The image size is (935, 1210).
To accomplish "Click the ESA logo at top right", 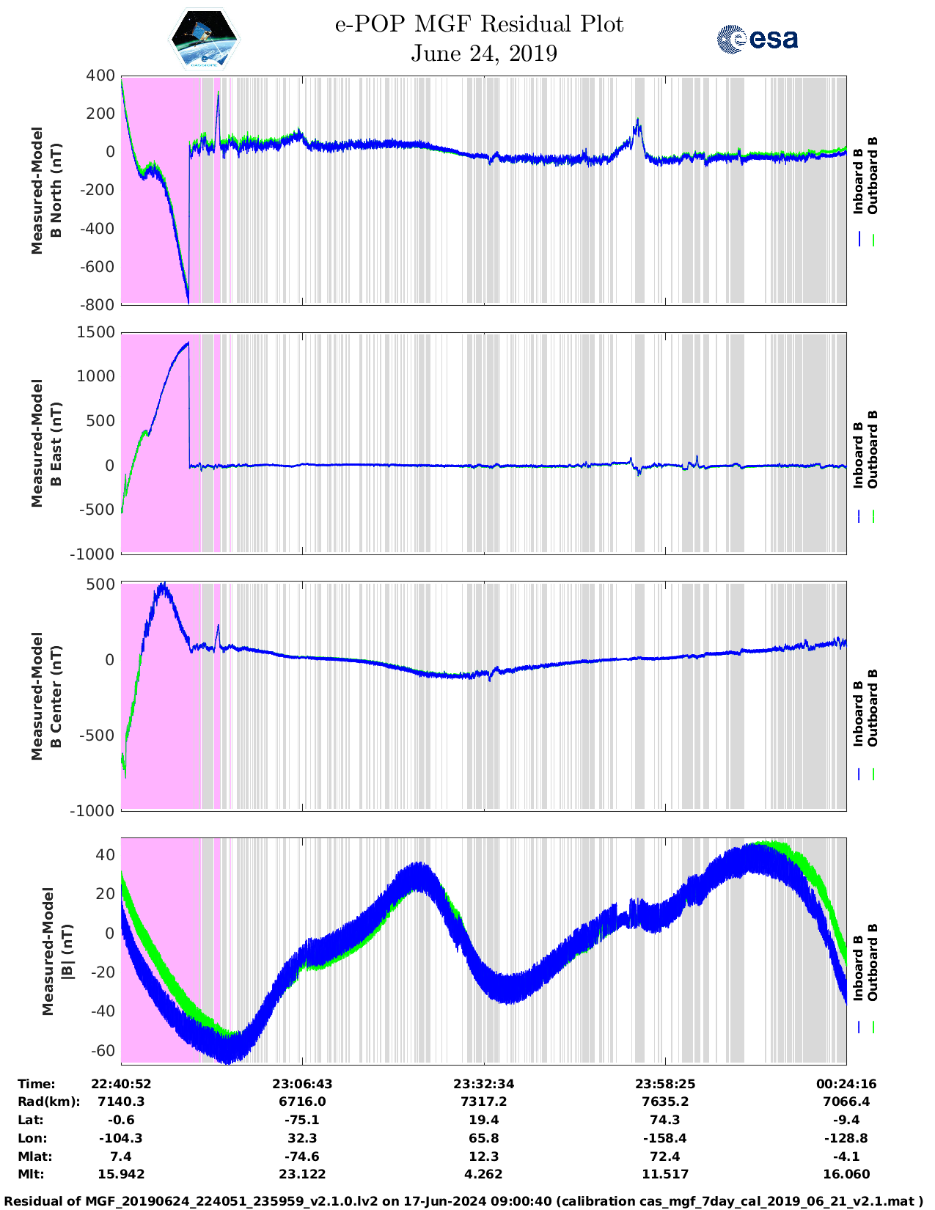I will pyautogui.click(x=758, y=38).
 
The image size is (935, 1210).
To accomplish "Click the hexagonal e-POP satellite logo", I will pyautogui.click(x=205, y=39).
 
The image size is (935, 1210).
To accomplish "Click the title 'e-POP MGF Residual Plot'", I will pyautogui.click(x=479, y=24).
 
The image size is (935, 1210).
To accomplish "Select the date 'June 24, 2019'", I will pyautogui.click(x=483, y=54).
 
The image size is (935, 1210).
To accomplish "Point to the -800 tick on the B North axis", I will pyautogui.click(x=100, y=304).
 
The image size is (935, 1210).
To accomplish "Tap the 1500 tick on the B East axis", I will pyautogui.click(x=96, y=332).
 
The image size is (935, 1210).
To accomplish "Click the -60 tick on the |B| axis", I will pyautogui.click(x=104, y=1050).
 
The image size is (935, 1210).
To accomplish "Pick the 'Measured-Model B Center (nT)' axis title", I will pyautogui.click(x=45, y=695).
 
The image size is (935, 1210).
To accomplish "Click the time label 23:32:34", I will pyautogui.click(x=483, y=1084).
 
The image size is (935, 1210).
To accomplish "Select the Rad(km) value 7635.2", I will pyautogui.click(x=664, y=1101).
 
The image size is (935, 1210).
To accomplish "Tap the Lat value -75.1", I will pyautogui.click(x=301, y=1120).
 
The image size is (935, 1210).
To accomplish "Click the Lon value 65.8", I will pyautogui.click(x=483, y=1138).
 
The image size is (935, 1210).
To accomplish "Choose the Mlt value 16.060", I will pyautogui.click(x=846, y=1174).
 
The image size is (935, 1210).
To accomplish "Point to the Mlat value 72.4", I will pyautogui.click(x=664, y=1156).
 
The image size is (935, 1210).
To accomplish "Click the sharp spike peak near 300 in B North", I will pyautogui.click(x=218, y=92).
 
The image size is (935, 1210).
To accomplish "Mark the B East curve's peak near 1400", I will pyautogui.click(x=187, y=342).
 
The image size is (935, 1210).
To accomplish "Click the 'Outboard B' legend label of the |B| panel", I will pyautogui.click(x=873, y=962).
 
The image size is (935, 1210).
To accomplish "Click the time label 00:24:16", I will pyautogui.click(x=846, y=1084).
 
